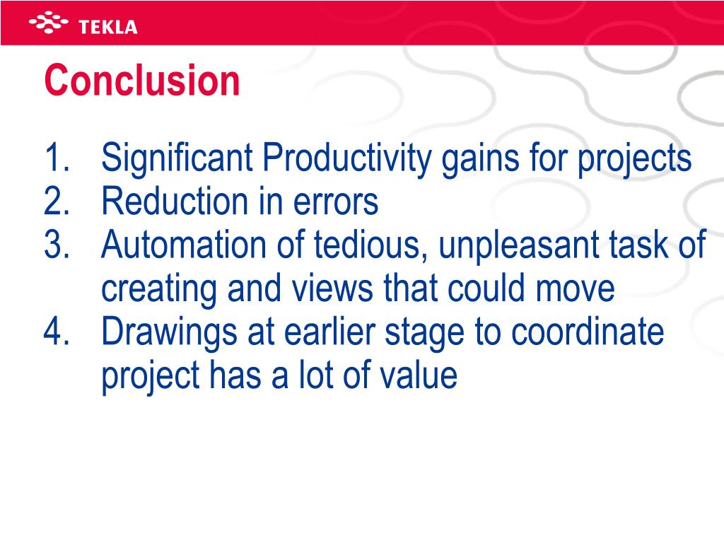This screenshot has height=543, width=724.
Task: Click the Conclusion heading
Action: [x=142, y=81]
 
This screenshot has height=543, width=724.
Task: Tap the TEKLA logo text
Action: [x=108, y=27]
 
